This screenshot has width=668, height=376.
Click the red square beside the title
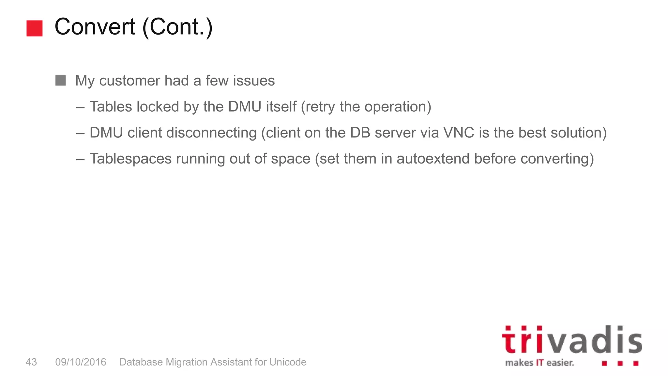34,28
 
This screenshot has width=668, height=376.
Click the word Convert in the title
95,27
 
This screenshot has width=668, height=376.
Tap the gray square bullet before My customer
61,80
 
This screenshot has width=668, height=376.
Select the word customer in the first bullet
129,81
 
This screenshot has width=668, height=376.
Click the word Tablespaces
130,159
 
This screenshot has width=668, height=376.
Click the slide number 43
31,362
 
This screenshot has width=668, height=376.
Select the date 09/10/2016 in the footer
81,362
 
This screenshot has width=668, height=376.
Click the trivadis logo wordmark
572,340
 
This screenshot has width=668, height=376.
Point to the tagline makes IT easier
539,363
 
